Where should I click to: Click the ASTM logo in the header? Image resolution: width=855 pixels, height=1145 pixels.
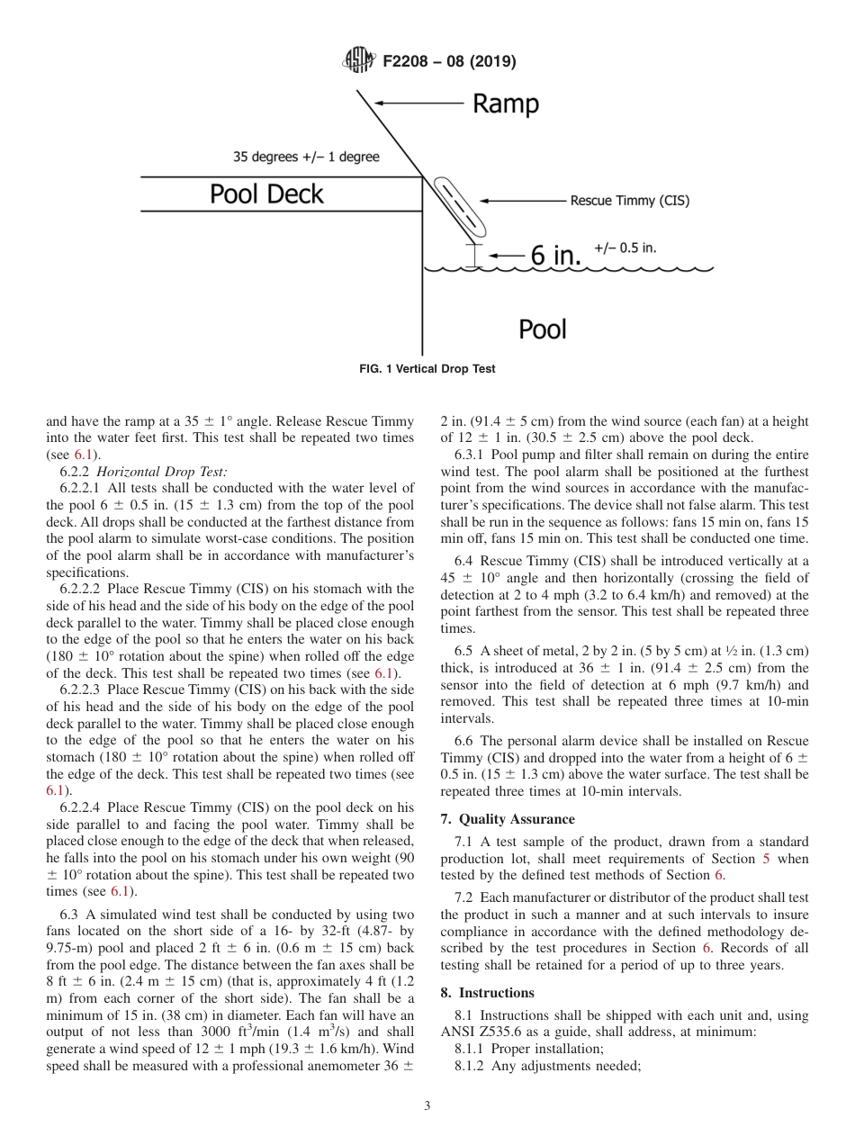click(360, 61)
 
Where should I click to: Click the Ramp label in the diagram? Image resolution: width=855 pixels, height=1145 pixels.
click(506, 104)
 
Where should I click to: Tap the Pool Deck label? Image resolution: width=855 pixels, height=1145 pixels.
click(266, 194)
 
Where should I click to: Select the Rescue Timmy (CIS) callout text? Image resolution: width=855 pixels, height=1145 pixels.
click(629, 201)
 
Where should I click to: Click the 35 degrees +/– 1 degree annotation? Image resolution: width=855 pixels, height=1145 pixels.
click(306, 157)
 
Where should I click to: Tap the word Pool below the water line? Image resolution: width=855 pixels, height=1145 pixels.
click(543, 329)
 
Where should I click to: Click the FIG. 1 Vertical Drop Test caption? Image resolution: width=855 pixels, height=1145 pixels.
click(427, 369)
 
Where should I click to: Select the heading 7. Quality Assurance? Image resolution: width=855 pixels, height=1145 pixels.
click(507, 819)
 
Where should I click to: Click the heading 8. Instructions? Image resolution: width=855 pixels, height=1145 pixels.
click(487, 993)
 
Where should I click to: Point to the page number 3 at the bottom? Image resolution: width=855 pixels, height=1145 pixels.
click(427, 1106)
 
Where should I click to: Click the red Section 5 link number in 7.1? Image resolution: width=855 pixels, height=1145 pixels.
click(766, 858)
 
